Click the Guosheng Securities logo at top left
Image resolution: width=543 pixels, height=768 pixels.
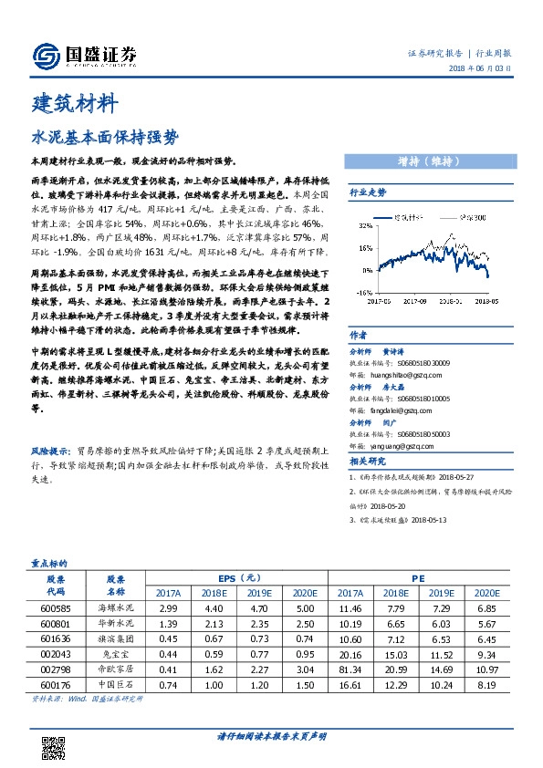(x=84, y=56)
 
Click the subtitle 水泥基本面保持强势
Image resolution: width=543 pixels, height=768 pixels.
(x=92, y=137)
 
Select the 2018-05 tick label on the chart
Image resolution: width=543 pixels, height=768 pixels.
(x=496, y=298)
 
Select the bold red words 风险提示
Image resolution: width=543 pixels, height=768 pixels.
(x=52, y=451)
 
